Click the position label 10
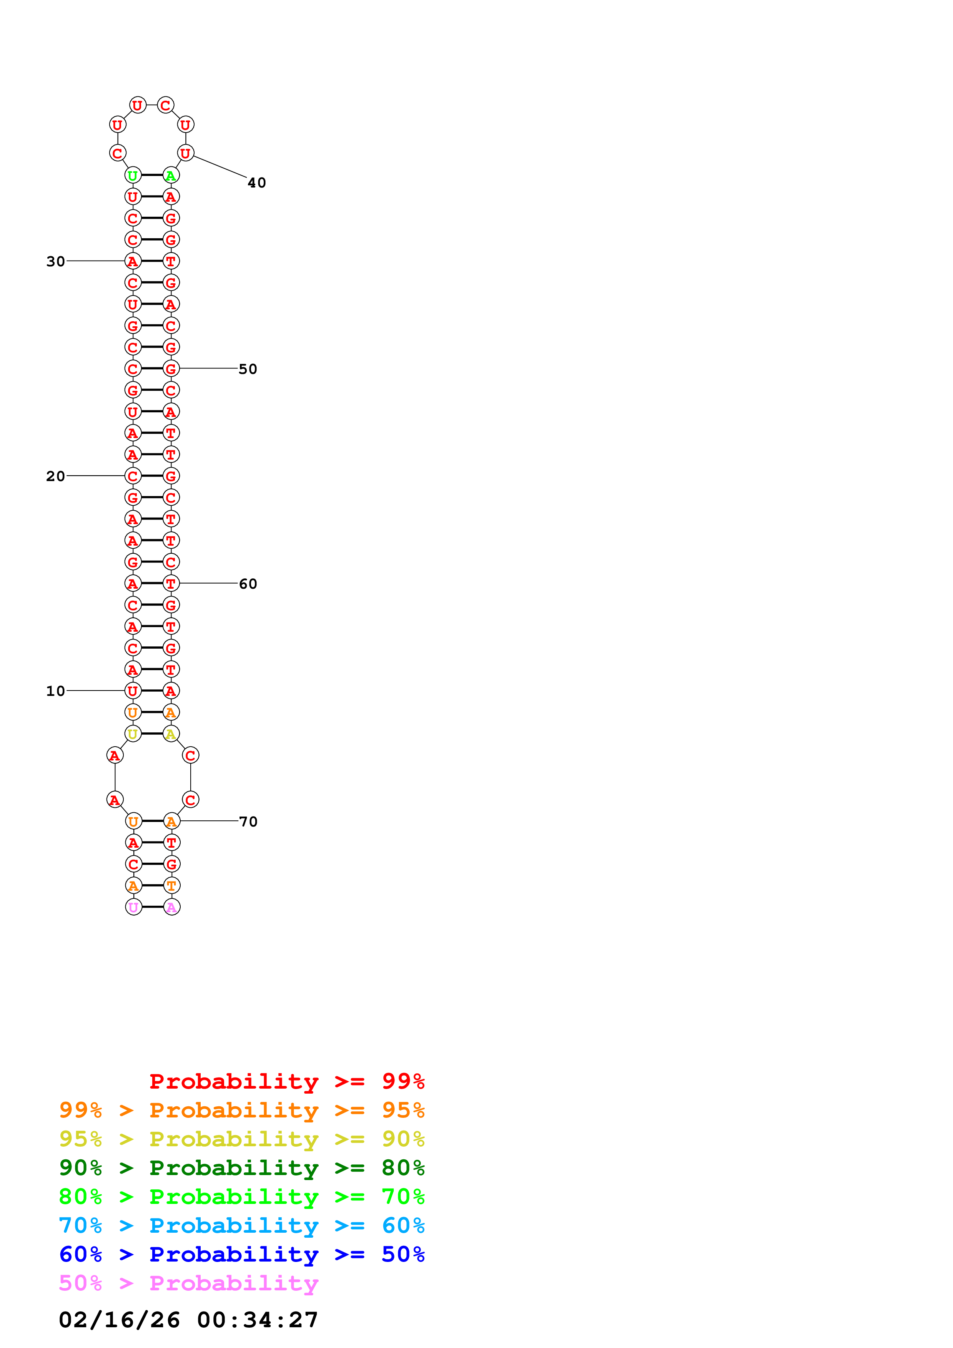[x=55, y=691]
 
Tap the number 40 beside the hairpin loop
[x=256, y=183]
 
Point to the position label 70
[x=248, y=822]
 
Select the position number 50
[x=248, y=369]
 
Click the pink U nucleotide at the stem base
[x=134, y=907]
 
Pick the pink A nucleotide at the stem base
[x=171, y=907]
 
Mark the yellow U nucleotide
[x=133, y=734]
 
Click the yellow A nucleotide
[x=171, y=734]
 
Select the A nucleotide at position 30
[x=133, y=261]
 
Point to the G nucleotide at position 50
[x=171, y=369]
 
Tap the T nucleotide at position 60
[x=171, y=584]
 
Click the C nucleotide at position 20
[x=133, y=476]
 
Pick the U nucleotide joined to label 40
[x=186, y=153]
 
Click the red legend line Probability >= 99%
[x=286, y=1081]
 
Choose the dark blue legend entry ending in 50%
[x=241, y=1254]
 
